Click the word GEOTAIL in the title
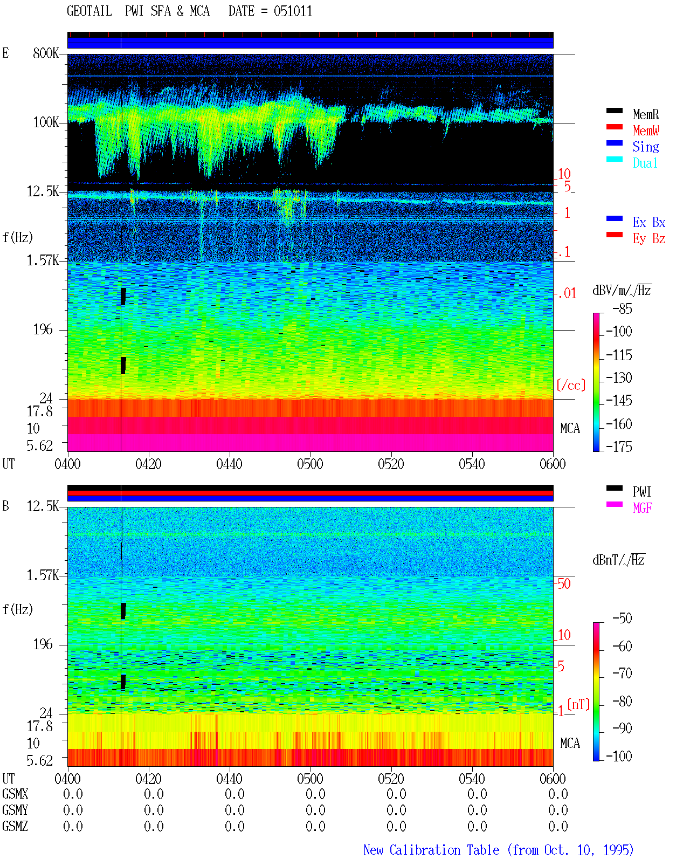click(x=89, y=11)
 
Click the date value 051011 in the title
click(x=293, y=11)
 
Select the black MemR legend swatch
click(x=614, y=111)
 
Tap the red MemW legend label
click(x=646, y=130)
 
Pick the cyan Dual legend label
click(x=645, y=163)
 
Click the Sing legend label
click(x=646, y=147)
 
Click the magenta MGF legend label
click(x=642, y=508)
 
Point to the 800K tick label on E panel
click(x=46, y=53)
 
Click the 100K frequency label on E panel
click(x=46, y=122)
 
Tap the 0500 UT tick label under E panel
click(x=310, y=464)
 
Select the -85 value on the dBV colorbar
click(x=622, y=308)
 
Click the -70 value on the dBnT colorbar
click(x=622, y=673)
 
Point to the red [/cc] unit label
click(x=571, y=385)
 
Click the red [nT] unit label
click(x=578, y=704)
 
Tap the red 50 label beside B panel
click(x=564, y=583)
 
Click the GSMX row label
click(x=15, y=794)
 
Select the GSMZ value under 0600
click(x=558, y=826)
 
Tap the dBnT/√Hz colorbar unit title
click(x=619, y=560)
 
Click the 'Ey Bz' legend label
click(x=649, y=239)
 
